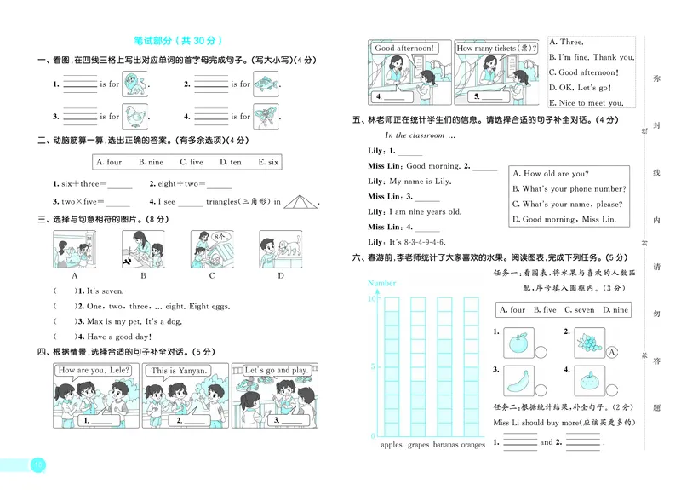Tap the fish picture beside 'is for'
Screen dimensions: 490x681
click(x=266, y=84)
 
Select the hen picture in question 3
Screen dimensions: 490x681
click(x=135, y=116)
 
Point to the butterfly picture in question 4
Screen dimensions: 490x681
click(x=266, y=116)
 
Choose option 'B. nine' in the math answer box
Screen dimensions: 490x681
click(x=153, y=162)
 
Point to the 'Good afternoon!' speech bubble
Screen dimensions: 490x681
click(x=404, y=49)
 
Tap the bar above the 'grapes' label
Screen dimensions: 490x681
click(x=418, y=366)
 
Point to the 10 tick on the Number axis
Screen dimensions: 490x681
click(x=372, y=299)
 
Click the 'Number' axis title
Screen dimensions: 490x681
click(x=382, y=282)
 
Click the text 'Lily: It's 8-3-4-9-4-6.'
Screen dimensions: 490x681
click(x=407, y=242)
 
